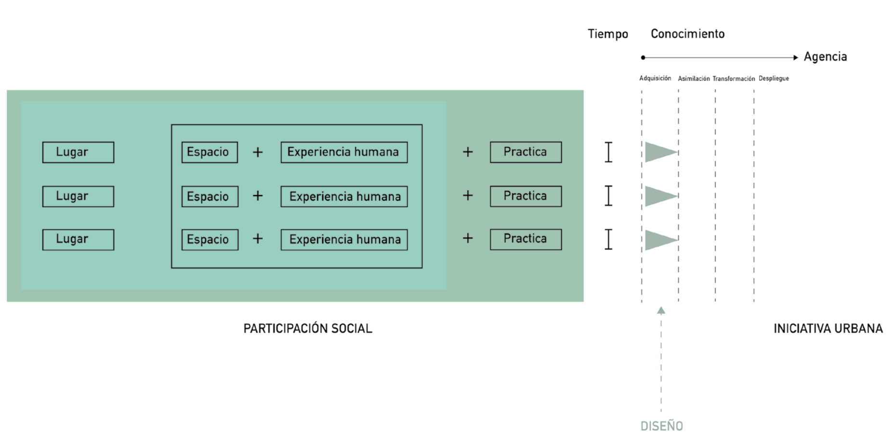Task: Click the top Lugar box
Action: tap(78, 152)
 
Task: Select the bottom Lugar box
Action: tap(78, 240)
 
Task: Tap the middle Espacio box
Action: tap(210, 196)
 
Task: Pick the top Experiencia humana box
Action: tap(344, 152)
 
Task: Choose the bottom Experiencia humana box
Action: tap(344, 240)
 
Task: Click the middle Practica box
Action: tap(526, 196)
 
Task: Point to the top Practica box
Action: tap(526, 152)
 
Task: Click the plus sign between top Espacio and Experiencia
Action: tap(258, 152)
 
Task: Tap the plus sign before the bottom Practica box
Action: tap(468, 238)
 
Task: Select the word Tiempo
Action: tap(608, 34)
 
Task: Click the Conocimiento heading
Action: tap(687, 34)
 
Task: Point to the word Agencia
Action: tap(825, 57)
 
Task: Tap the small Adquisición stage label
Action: tap(655, 78)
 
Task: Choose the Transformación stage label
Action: tap(734, 78)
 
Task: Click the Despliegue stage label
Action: tap(774, 78)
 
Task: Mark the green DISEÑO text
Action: tap(661, 426)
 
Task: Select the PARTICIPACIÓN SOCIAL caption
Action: tap(308, 328)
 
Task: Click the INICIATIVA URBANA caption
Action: tap(828, 328)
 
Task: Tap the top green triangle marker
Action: tap(660, 152)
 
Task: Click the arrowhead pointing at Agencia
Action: tap(795, 57)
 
